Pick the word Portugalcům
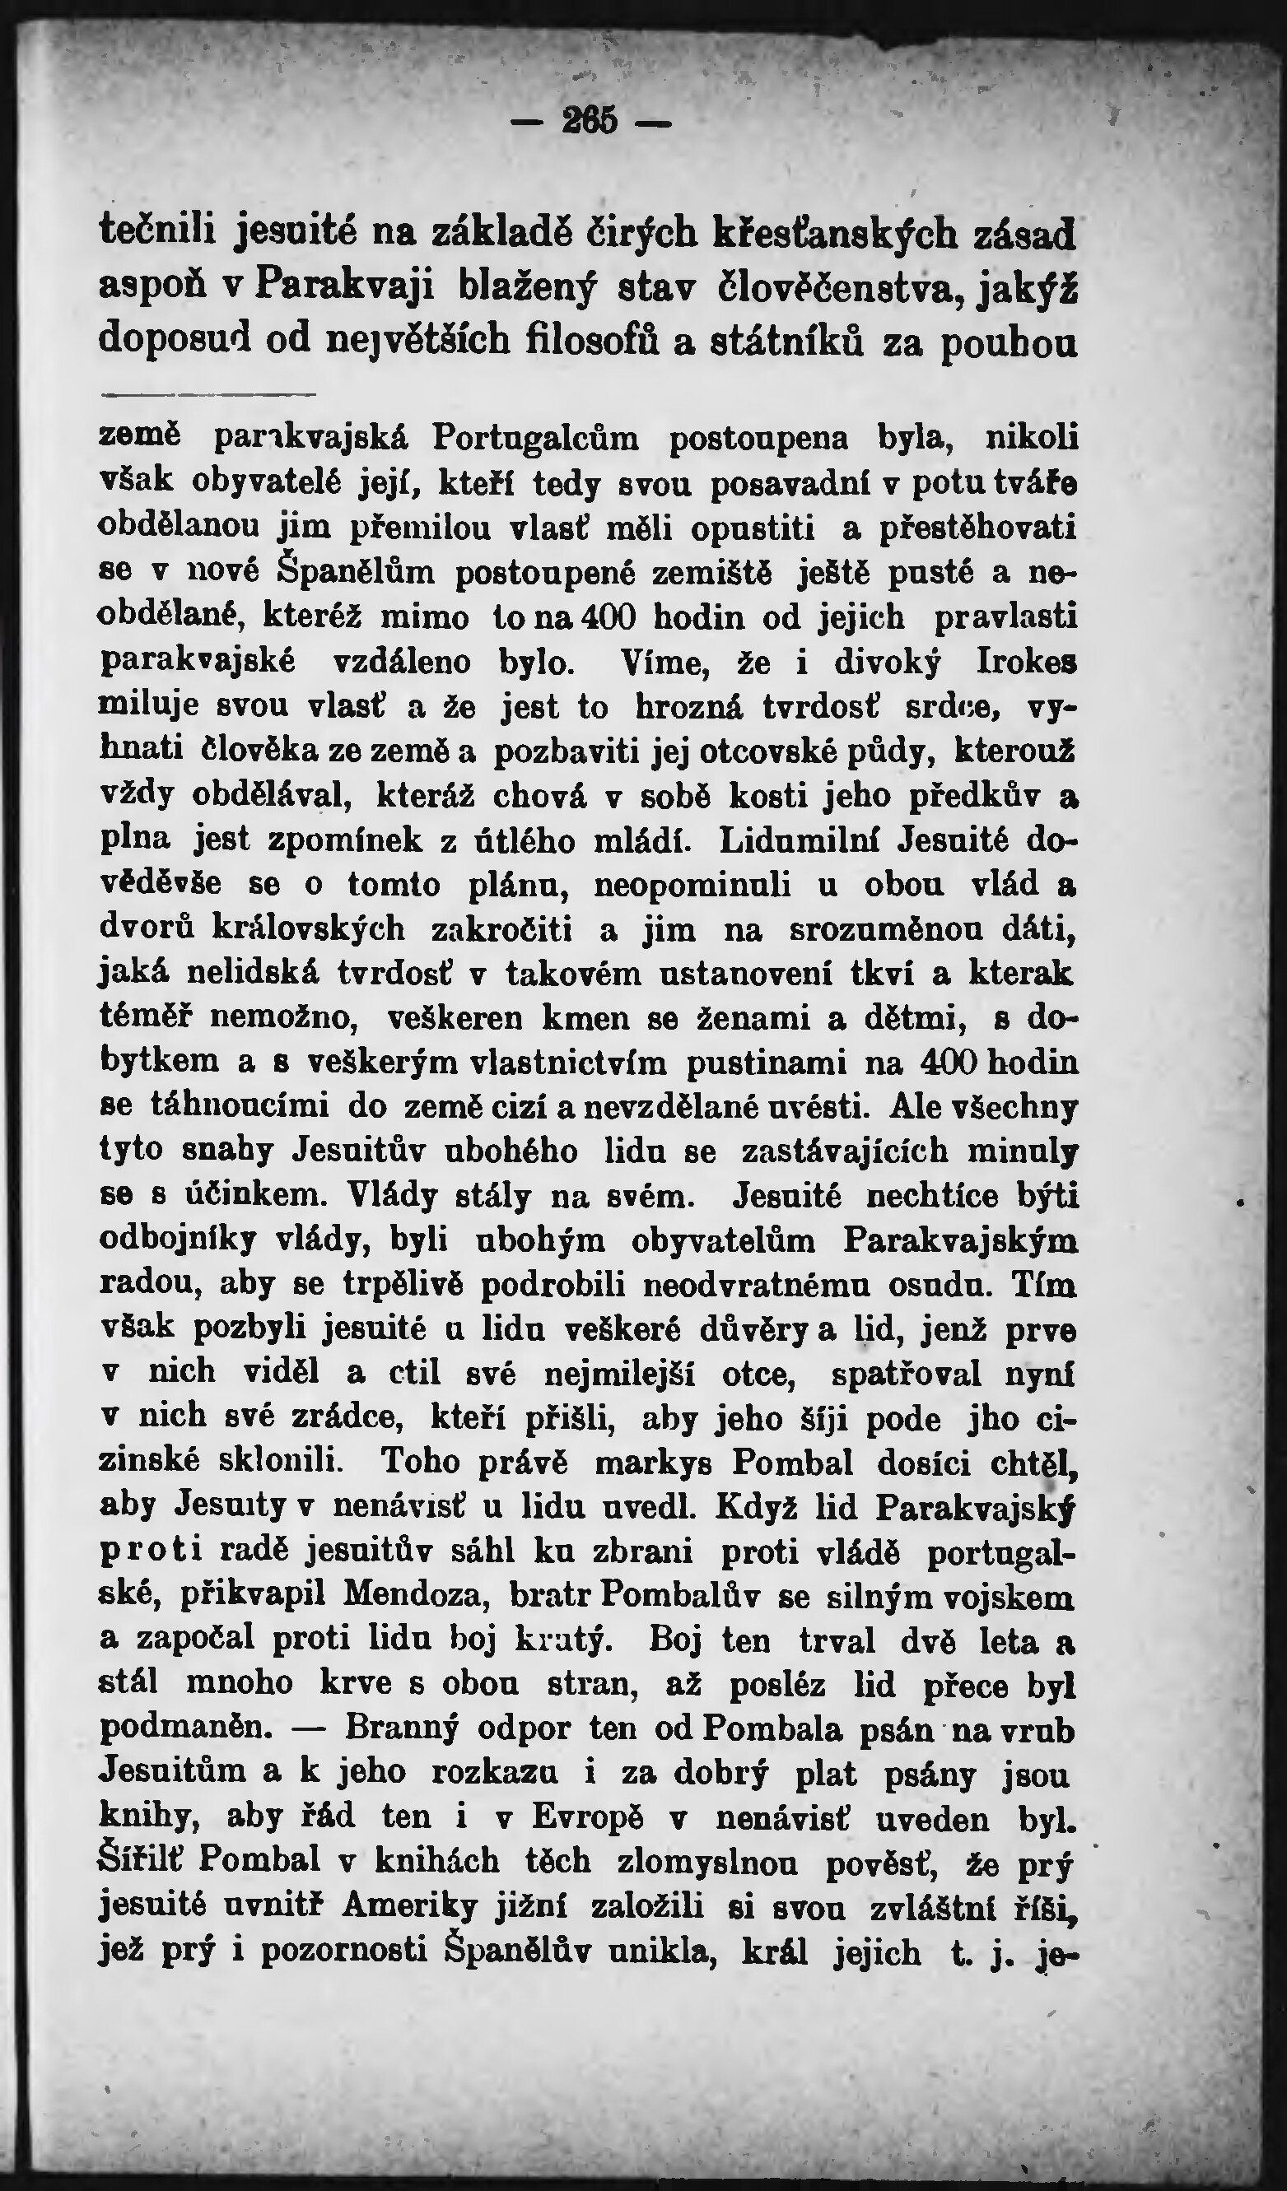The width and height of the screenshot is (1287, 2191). click(534, 437)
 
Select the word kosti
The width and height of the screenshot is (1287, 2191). click(765, 797)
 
